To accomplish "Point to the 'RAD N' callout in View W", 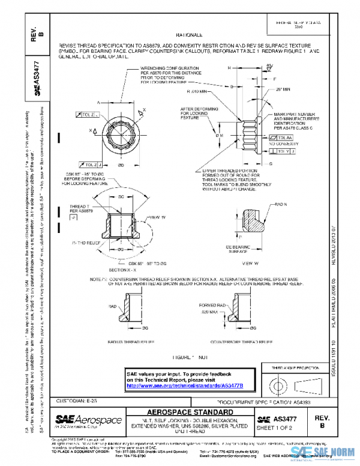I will pos(281,205).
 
